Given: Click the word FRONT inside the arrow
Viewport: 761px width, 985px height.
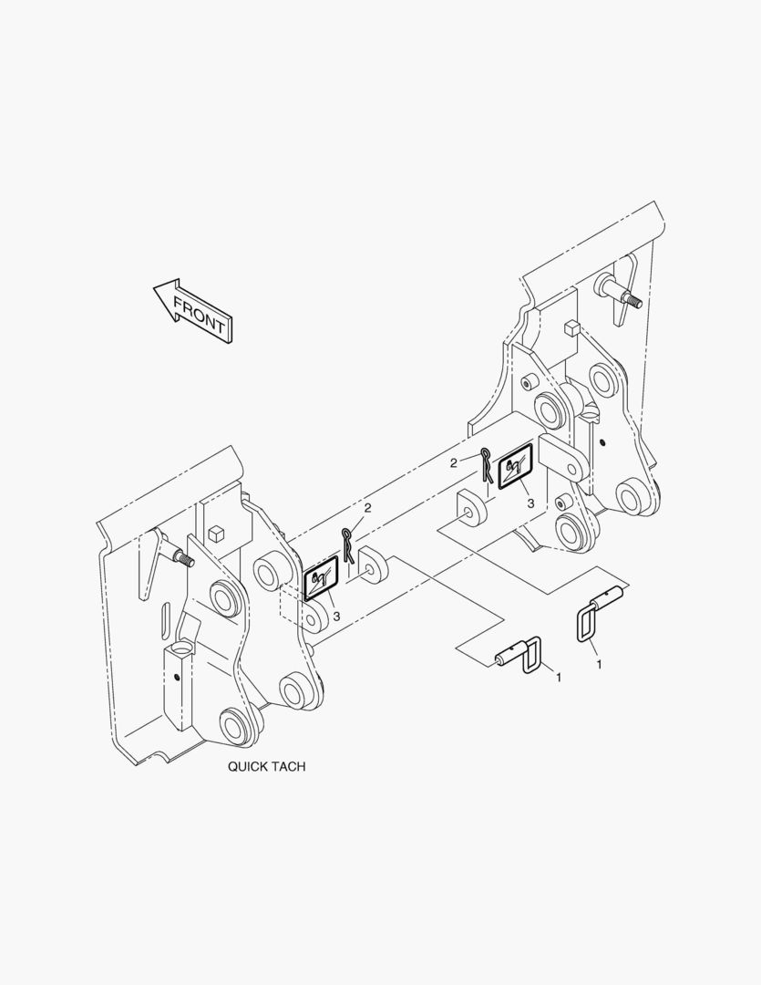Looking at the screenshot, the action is coord(199,315).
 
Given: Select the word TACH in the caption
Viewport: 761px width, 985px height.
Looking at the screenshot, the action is coord(290,766).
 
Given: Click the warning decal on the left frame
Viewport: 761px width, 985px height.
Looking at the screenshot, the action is coord(321,578).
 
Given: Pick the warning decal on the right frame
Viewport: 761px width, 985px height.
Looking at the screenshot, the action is coord(515,465).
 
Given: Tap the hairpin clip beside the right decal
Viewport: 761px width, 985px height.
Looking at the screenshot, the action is coord(487,465).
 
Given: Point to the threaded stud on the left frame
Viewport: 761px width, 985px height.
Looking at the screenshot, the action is coord(182,555).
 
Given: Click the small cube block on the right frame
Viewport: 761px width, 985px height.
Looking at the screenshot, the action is coord(571,327).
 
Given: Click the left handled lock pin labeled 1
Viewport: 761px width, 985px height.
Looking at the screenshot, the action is coord(518,656).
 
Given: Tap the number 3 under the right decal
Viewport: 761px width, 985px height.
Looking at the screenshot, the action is coord(530,503).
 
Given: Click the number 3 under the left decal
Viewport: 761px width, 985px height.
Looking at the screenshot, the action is coord(336,617).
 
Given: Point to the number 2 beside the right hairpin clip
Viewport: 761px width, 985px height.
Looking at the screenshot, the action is coord(453,463).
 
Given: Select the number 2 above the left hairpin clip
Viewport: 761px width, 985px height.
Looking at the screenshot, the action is coord(368,508).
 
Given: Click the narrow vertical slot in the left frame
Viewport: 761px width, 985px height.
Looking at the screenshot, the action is coord(165,620).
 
